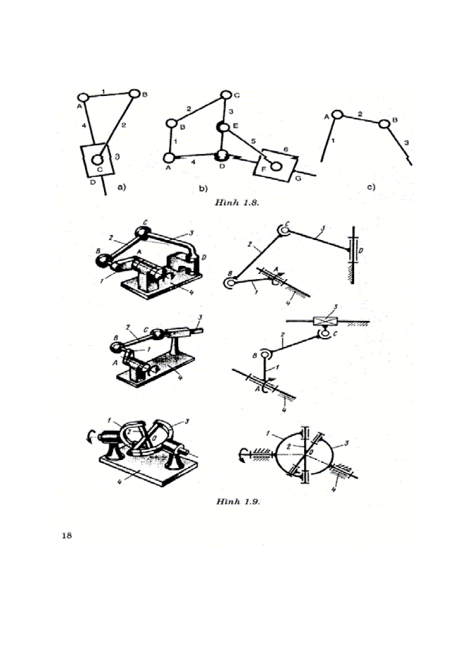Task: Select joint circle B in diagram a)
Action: (x=134, y=93)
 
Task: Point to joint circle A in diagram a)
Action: (x=82, y=96)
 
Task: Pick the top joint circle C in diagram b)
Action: (x=226, y=95)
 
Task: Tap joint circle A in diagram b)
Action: (x=170, y=157)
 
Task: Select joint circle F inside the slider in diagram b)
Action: (x=276, y=167)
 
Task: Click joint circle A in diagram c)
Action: (x=337, y=115)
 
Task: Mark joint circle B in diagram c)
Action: (x=384, y=122)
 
